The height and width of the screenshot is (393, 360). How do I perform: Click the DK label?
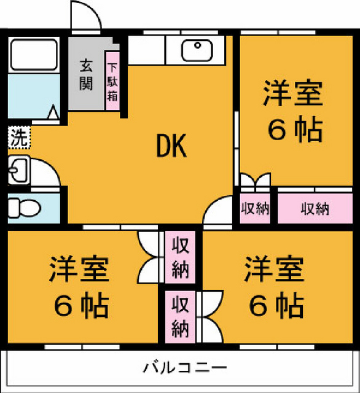(171, 146)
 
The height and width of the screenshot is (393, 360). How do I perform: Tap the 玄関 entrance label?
(86, 74)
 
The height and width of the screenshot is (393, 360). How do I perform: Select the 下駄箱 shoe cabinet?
(112, 81)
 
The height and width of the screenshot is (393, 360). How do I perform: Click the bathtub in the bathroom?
(34, 55)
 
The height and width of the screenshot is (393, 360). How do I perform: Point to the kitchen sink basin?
(197, 50)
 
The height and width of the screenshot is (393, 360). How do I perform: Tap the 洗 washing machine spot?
(19, 137)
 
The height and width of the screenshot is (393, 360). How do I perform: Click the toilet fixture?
(24, 208)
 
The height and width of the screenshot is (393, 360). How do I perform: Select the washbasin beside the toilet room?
(19, 171)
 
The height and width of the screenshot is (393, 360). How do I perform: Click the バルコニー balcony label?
(184, 368)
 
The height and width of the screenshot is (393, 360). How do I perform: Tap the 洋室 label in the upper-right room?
(293, 93)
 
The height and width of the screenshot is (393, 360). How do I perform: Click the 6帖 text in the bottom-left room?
(81, 306)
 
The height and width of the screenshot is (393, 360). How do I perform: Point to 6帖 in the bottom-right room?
(276, 306)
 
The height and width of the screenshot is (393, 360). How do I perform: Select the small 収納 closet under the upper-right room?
(255, 208)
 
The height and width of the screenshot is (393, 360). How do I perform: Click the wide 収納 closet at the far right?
(315, 208)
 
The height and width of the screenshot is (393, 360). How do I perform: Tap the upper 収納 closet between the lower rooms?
(180, 257)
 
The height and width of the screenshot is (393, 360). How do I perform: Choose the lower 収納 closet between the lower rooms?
(180, 317)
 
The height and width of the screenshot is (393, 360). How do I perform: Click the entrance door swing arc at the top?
(93, 10)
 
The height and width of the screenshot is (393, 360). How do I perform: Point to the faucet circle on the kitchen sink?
(198, 45)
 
